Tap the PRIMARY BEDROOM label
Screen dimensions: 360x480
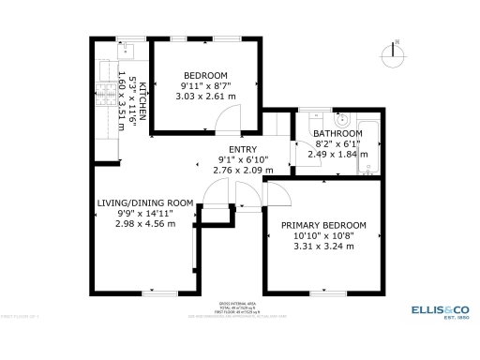click(323, 226)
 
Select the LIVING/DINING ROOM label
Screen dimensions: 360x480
click(145, 202)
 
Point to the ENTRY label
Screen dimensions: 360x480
click(244, 149)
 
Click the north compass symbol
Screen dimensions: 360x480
click(397, 52)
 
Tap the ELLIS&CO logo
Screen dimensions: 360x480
click(440, 309)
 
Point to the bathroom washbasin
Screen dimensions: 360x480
click(342, 119)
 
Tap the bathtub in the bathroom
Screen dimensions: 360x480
click(369, 145)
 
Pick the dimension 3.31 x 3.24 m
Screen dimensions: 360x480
click(323, 247)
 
